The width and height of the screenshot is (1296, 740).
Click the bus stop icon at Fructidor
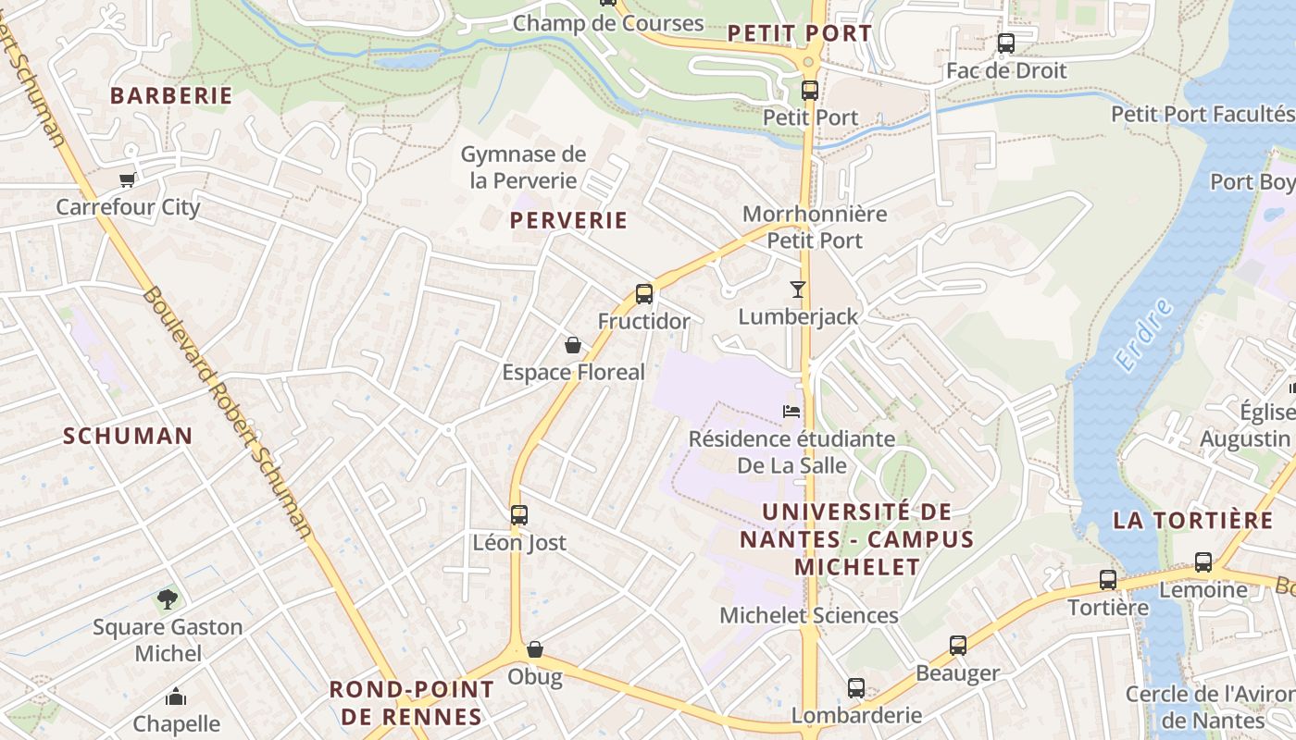point(644,294)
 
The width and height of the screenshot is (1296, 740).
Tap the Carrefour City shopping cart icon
point(128,179)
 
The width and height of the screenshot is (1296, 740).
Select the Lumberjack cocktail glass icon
point(798,290)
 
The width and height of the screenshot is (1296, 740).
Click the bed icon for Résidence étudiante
point(791,411)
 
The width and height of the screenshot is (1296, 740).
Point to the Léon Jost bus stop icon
point(519,514)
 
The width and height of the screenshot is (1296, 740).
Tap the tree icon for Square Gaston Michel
point(168,599)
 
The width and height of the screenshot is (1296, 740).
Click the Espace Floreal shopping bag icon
point(573,345)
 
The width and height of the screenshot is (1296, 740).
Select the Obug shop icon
point(534,649)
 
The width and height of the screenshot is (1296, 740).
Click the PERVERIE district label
point(568,220)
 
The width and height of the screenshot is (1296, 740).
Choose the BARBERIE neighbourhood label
point(171,95)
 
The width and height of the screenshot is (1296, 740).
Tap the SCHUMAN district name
point(128,436)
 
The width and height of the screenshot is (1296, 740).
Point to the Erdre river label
point(1144,335)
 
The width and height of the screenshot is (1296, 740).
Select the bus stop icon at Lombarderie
point(856,688)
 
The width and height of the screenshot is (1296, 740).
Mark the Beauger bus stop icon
point(958,646)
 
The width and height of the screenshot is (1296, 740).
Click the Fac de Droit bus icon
point(1006,43)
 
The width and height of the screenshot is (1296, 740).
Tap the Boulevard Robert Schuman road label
point(226,412)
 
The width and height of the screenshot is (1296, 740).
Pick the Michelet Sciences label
point(809,615)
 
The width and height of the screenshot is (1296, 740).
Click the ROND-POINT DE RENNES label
point(412,703)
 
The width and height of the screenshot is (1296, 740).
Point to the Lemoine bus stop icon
point(1203,561)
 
